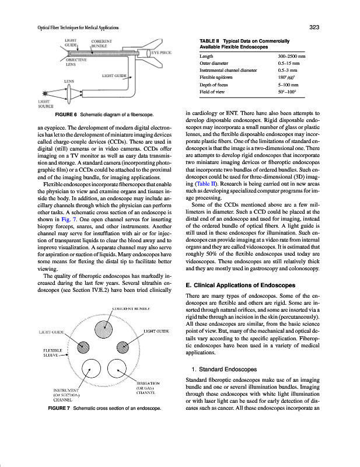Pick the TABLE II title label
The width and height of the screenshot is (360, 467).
212,40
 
